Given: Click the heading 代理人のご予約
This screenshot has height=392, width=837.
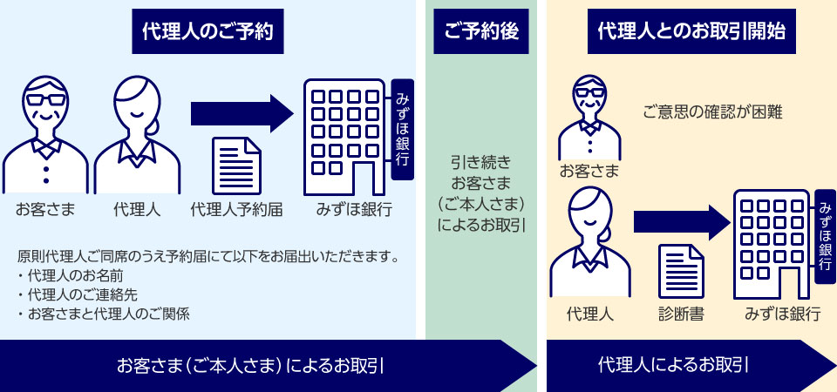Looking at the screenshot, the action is pos(208,31).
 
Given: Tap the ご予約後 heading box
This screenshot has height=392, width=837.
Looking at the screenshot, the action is pos(481,31).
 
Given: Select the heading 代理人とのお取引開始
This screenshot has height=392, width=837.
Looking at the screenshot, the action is pos(691,31).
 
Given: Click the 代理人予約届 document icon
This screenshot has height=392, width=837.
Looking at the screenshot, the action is pos(236,166).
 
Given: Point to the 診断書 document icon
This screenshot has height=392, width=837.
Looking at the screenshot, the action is pos(681,271).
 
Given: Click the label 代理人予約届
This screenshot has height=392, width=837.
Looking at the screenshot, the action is pos(236,210).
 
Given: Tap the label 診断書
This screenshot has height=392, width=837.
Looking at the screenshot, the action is pos(681,314).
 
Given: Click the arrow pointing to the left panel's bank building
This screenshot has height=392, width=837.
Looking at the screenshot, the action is pos(242,113).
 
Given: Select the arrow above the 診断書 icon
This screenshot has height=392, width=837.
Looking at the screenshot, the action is pos(682,221).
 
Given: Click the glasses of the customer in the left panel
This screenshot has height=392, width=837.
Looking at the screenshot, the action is pos(46,99).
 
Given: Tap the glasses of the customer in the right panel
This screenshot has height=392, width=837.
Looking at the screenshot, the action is pos(589,92).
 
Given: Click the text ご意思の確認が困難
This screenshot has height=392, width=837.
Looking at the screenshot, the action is pos(713,113).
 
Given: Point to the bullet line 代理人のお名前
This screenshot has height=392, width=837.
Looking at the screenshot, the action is pos(71,276).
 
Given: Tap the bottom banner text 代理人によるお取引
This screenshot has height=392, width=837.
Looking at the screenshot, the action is pos(672,365).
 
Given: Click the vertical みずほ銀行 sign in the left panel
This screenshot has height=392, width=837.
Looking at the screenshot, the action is pos(403,130).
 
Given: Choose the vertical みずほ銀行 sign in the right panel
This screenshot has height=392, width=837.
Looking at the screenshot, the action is pos(826,236).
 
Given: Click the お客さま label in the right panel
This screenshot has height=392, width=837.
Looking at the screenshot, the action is pos(589,172).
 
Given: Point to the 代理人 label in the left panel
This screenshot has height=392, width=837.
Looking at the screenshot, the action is pos(137,210).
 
